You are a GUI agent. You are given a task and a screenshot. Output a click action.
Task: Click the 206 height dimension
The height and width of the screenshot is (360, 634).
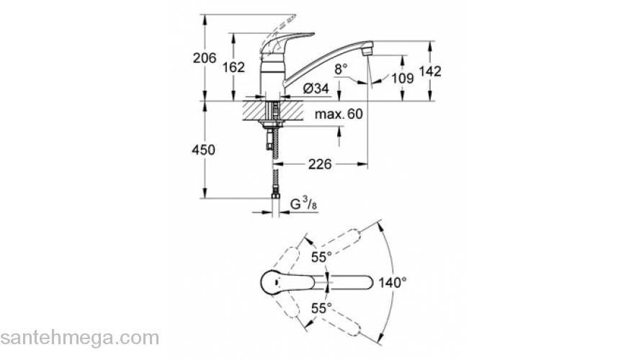point(205,58)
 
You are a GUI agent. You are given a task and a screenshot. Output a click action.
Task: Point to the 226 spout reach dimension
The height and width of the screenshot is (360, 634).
point(319,164)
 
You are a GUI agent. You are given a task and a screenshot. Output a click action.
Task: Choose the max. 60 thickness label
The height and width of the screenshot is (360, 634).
point(339,114)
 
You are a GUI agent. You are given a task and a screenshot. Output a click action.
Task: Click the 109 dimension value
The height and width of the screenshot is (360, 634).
point(402,78)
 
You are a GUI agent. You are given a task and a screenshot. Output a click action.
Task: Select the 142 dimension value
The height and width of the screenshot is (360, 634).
point(450,71)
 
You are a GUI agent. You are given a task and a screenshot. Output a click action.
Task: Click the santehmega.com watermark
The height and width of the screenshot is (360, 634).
point(79,338)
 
